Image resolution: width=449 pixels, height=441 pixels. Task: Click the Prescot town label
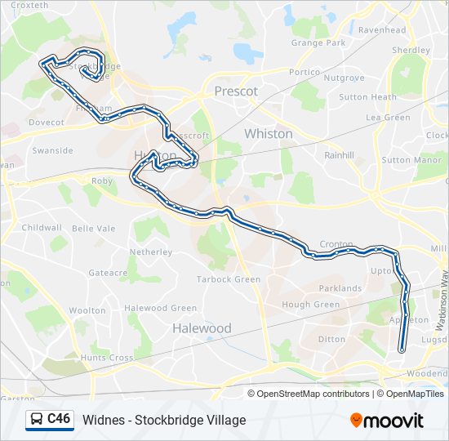(236, 91)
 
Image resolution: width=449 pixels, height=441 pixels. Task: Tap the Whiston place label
(268, 133)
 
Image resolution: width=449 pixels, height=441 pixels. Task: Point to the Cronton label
(336, 244)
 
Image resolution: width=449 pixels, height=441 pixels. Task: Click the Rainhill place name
(339, 154)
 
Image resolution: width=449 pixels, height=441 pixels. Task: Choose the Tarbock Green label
(229, 279)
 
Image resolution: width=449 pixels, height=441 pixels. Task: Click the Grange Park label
(318, 42)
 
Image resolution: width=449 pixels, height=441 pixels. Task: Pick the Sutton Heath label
(367, 97)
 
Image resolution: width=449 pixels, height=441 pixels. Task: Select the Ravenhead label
(381, 30)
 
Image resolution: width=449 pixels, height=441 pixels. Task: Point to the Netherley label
(151, 252)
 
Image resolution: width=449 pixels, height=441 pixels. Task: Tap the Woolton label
(87, 311)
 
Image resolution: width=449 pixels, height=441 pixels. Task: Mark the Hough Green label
(310, 305)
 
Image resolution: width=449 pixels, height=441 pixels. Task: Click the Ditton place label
(331, 339)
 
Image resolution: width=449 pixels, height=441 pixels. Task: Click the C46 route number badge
(58, 419)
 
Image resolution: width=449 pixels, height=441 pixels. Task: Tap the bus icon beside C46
(37, 420)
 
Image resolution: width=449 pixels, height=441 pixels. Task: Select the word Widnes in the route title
(103, 421)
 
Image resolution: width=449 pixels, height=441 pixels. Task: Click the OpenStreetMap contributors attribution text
(311, 394)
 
